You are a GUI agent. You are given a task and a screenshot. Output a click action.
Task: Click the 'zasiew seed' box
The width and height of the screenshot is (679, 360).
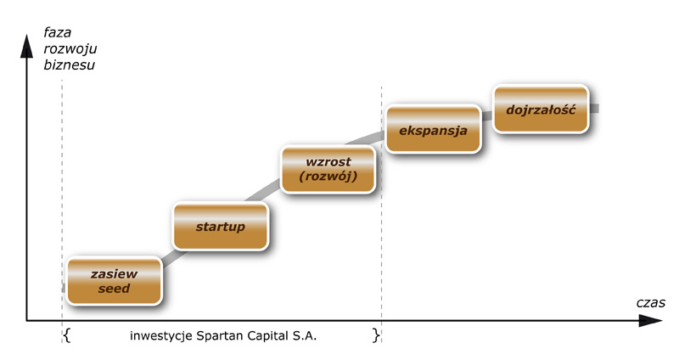[115, 281]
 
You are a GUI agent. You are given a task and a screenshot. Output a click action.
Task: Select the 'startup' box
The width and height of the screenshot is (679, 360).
[221, 226]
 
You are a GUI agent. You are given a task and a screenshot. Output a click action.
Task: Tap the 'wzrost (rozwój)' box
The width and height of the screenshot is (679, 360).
[328, 169]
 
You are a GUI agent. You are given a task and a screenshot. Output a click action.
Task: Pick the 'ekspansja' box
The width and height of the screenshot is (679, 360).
[433, 129]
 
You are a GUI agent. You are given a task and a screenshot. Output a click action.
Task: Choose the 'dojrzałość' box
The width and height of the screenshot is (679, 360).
[542, 109]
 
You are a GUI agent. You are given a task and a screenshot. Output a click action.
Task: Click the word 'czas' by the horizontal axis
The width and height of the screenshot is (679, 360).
[650, 303]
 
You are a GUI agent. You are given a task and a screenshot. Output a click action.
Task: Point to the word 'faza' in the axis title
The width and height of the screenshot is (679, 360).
[58, 32]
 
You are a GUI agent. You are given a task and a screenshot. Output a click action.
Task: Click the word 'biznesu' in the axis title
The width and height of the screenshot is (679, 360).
[70, 65]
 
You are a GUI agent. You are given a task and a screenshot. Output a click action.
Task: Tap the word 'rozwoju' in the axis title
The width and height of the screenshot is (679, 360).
[70, 49]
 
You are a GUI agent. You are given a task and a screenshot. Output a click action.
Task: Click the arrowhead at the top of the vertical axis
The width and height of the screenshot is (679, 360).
[27, 47]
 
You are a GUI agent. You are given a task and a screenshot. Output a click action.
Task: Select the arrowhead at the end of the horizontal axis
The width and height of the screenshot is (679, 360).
[650, 321]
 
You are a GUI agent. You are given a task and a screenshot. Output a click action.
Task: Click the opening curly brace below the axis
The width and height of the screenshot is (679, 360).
[67, 335]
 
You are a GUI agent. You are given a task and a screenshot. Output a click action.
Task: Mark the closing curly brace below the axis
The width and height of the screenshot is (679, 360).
[376, 335]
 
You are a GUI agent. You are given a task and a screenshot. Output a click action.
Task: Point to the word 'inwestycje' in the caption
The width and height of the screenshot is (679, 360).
[161, 336]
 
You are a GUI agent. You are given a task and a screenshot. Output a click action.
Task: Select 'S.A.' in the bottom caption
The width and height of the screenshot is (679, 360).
[305, 335]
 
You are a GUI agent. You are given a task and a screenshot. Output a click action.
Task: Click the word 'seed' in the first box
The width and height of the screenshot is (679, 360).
[114, 289]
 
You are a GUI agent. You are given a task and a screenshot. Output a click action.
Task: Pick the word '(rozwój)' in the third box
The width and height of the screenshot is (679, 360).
[328, 177]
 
